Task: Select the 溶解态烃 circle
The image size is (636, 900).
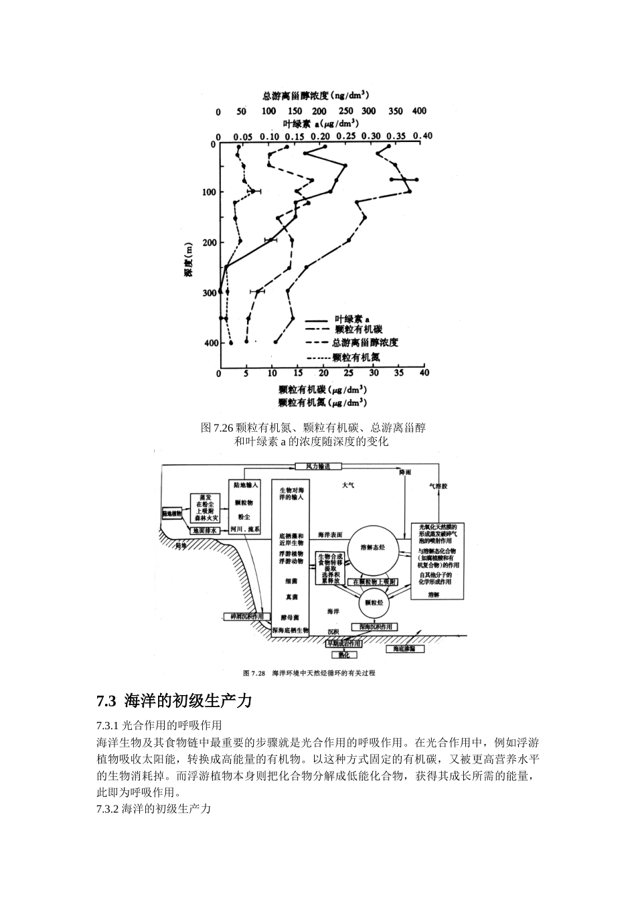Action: [x=373, y=547]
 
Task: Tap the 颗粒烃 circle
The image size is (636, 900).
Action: [x=375, y=602]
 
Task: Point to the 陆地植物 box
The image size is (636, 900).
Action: [x=172, y=514]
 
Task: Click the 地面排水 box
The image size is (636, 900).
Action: [x=205, y=530]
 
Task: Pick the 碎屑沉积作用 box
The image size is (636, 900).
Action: [x=247, y=615]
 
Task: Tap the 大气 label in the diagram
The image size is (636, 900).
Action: [x=348, y=485]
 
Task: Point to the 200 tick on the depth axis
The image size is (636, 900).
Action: [x=210, y=242]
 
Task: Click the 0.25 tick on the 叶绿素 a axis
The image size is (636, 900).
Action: [x=345, y=136]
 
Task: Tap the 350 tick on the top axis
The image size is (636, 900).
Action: [x=395, y=111]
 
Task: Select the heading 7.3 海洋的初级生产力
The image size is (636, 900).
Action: [x=174, y=701]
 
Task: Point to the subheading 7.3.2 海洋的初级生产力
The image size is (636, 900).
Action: [x=154, y=809]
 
